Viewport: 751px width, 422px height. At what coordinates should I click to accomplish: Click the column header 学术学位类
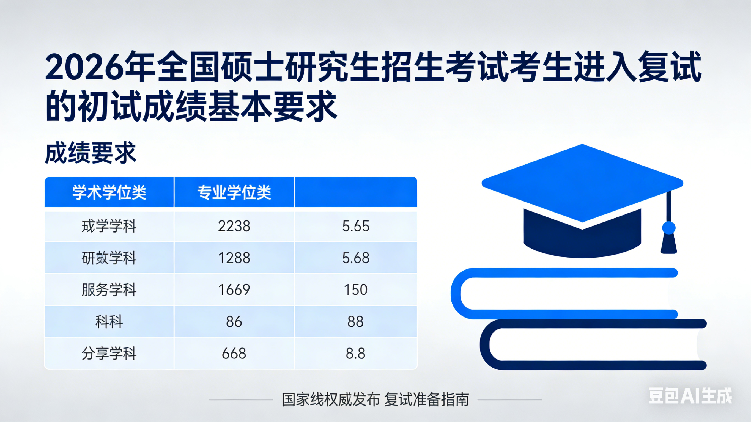click(109, 193)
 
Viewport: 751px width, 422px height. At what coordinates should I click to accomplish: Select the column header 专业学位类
click(234, 193)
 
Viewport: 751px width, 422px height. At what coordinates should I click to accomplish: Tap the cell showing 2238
click(234, 226)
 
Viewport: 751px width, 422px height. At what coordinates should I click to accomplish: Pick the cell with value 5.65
click(356, 226)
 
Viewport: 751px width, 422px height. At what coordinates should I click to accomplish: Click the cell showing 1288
click(234, 258)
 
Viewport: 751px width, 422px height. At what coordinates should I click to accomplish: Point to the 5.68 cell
click(356, 258)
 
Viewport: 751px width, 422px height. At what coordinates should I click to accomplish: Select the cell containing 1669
click(234, 290)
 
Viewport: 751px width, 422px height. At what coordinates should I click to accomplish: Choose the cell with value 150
click(356, 290)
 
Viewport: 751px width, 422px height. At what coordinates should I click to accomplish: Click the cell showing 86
click(234, 322)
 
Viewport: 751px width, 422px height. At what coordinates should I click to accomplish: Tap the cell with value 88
click(356, 322)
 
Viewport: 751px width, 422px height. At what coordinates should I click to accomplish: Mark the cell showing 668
click(234, 354)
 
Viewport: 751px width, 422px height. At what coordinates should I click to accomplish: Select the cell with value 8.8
click(356, 354)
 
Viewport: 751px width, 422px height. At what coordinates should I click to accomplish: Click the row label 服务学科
click(109, 290)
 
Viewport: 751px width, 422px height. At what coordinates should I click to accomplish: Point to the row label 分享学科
click(109, 354)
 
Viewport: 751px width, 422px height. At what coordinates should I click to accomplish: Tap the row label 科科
click(109, 322)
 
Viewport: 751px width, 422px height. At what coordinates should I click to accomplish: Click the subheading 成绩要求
click(91, 153)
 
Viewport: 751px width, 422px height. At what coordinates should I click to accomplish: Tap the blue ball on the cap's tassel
click(669, 228)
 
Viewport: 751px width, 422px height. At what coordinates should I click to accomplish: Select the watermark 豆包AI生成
click(690, 396)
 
